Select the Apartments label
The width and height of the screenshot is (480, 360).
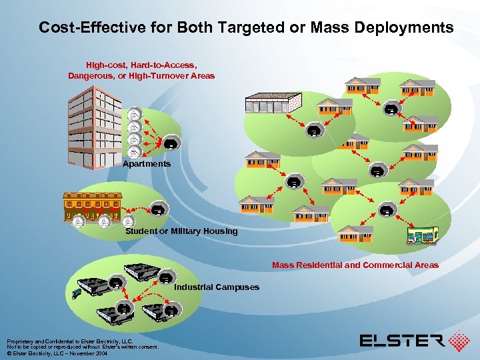click(147, 163)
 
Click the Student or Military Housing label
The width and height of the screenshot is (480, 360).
click(181, 231)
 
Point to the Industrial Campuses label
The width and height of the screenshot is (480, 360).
click(217, 287)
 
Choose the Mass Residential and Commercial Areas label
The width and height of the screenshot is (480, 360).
click(355, 265)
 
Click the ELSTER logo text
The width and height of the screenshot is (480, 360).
click(402, 341)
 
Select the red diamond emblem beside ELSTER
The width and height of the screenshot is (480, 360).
click(459, 341)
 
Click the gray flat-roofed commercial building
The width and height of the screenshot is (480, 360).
click(273, 103)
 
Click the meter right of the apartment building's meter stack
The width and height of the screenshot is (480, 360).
click(171, 144)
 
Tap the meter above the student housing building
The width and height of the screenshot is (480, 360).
click(157, 209)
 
